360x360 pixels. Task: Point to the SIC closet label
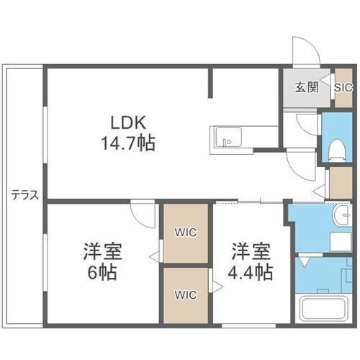[343, 88]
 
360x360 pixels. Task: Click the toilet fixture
[335, 148]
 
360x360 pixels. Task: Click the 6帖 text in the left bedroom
[102, 273]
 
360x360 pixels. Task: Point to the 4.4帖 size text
[251, 273]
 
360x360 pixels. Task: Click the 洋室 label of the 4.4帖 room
[251, 253]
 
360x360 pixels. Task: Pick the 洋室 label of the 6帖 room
[102, 253]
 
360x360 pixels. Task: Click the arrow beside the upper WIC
[153, 255]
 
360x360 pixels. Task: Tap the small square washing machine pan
[336, 239]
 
